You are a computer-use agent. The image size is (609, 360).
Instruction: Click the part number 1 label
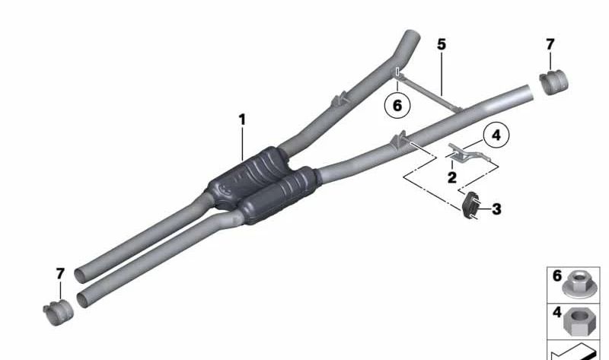pos(242,119)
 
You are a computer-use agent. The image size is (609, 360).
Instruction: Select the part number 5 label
pos(442,45)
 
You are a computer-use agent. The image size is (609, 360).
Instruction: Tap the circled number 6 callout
pos(397,105)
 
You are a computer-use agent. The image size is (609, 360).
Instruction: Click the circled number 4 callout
pos(496,136)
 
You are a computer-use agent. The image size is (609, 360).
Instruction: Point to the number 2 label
pos(452,178)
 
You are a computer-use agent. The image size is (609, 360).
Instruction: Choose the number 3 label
pos(496,208)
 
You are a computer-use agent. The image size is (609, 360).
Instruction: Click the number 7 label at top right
pos(550,45)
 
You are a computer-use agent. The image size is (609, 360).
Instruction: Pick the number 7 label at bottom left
pos(60,273)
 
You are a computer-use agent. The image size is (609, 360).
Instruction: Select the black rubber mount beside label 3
pos(470,205)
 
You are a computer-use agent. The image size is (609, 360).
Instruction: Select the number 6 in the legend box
pos(556,276)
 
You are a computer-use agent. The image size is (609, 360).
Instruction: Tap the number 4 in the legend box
pos(556,311)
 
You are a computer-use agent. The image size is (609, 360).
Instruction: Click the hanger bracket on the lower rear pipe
pos(398,140)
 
